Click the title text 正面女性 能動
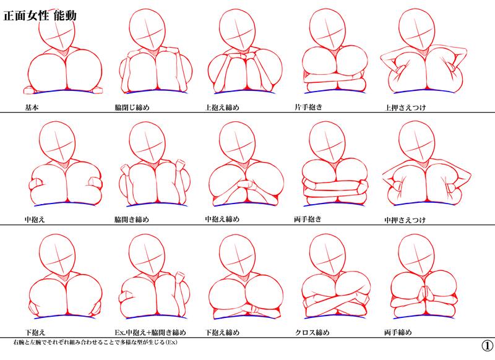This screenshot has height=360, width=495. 40,15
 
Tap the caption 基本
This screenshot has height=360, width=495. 32,108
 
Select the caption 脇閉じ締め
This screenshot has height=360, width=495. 132,108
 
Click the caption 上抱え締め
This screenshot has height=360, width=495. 222,108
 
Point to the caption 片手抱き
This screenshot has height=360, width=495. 308,107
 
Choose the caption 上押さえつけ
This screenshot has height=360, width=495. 405,108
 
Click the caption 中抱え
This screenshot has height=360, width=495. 35,220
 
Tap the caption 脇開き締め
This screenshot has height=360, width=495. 132,220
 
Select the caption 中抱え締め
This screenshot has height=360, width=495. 222,219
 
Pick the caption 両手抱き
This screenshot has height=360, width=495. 308,219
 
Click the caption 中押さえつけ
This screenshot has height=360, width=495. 405,220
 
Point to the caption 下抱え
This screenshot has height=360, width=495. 35,332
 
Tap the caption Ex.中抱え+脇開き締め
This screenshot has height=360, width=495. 150,332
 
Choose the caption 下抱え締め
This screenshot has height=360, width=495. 222,332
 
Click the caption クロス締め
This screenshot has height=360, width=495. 312,332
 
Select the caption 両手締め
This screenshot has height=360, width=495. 398,332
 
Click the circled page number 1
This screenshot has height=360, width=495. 488,346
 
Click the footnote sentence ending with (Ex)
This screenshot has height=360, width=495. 95,342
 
